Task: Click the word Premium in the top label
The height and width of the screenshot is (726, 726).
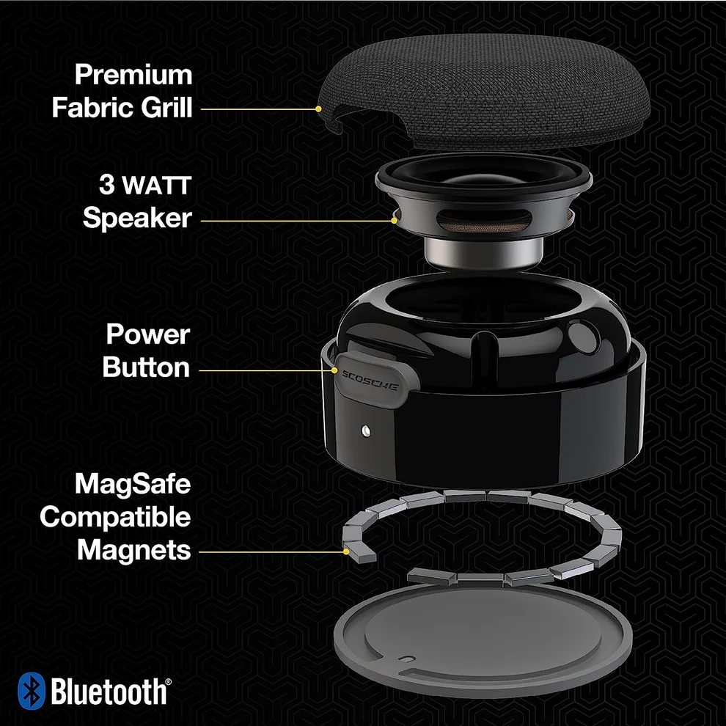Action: coord(133,75)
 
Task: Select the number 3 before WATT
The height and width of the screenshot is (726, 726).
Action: coord(108,185)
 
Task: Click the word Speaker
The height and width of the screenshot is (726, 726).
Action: coord(136,218)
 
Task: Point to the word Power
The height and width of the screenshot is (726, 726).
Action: coord(148,334)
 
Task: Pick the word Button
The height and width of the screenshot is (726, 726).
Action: coord(147,367)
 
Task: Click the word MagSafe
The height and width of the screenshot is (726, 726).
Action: coord(133,484)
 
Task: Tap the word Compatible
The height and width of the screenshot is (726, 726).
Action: coord(115,517)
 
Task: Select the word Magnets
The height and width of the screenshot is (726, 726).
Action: coord(133,550)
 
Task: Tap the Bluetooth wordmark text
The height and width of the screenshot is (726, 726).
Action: coord(109,691)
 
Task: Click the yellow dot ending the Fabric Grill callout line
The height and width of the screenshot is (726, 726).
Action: coord(319,109)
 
